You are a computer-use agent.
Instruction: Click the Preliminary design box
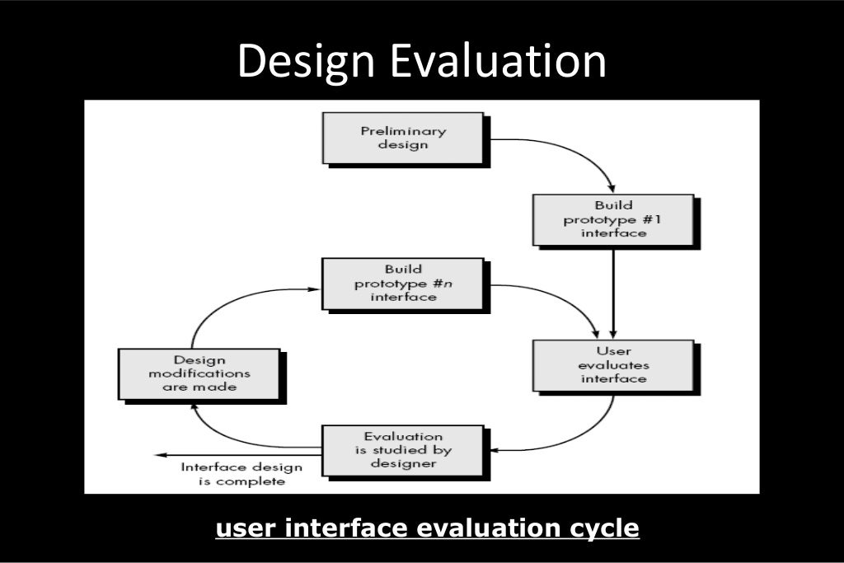[x=404, y=138]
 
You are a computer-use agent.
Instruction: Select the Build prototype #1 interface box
[x=612, y=218]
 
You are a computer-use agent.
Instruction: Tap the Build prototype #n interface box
[x=403, y=283]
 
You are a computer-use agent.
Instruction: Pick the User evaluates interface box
[x=612, y=364]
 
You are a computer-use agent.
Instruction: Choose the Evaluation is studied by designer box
[x=403, y=450]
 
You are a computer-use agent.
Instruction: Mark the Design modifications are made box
[x=200, y=373]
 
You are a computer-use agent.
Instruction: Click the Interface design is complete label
[x=241, y=474]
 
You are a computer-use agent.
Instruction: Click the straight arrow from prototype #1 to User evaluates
[x=613, y=289]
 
